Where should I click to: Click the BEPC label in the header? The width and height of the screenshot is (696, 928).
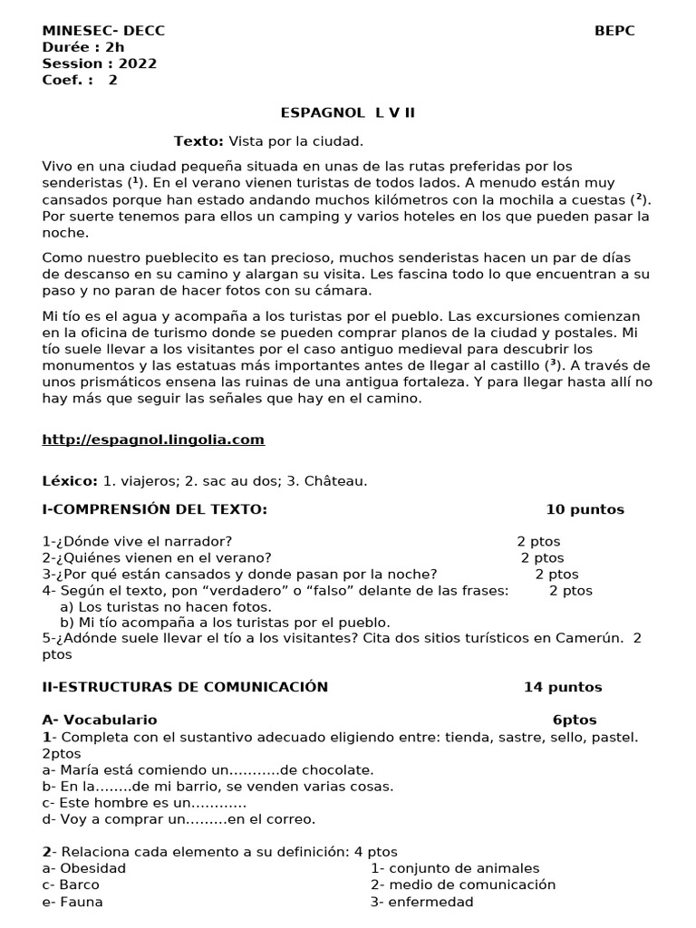coord(614,31)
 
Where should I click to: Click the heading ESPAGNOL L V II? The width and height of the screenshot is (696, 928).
coord(348,112)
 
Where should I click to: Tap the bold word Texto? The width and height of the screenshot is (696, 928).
coord(198,141)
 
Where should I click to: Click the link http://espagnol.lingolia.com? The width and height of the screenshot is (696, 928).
coord(153,440)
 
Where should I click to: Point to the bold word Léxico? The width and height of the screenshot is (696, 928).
coord(70,481)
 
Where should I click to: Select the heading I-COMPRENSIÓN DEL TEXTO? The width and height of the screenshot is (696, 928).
coord(155,509)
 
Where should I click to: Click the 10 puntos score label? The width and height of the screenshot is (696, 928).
coord(585,509)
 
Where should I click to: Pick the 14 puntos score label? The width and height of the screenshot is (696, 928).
coord(562,687)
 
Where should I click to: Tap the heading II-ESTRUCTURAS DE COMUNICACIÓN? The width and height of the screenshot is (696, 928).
coord(185,687)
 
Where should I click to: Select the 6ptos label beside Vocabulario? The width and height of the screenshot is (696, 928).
coord(575,720)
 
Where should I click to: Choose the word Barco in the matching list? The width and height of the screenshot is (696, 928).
coord(80,884)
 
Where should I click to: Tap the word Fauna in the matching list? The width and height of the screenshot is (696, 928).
coord(81,902)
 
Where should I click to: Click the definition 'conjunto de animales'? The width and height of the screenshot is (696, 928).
coord(463,868)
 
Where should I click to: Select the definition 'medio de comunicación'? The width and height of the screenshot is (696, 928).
coord(470,884)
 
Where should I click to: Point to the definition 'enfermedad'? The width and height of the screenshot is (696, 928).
coord(430,902)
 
